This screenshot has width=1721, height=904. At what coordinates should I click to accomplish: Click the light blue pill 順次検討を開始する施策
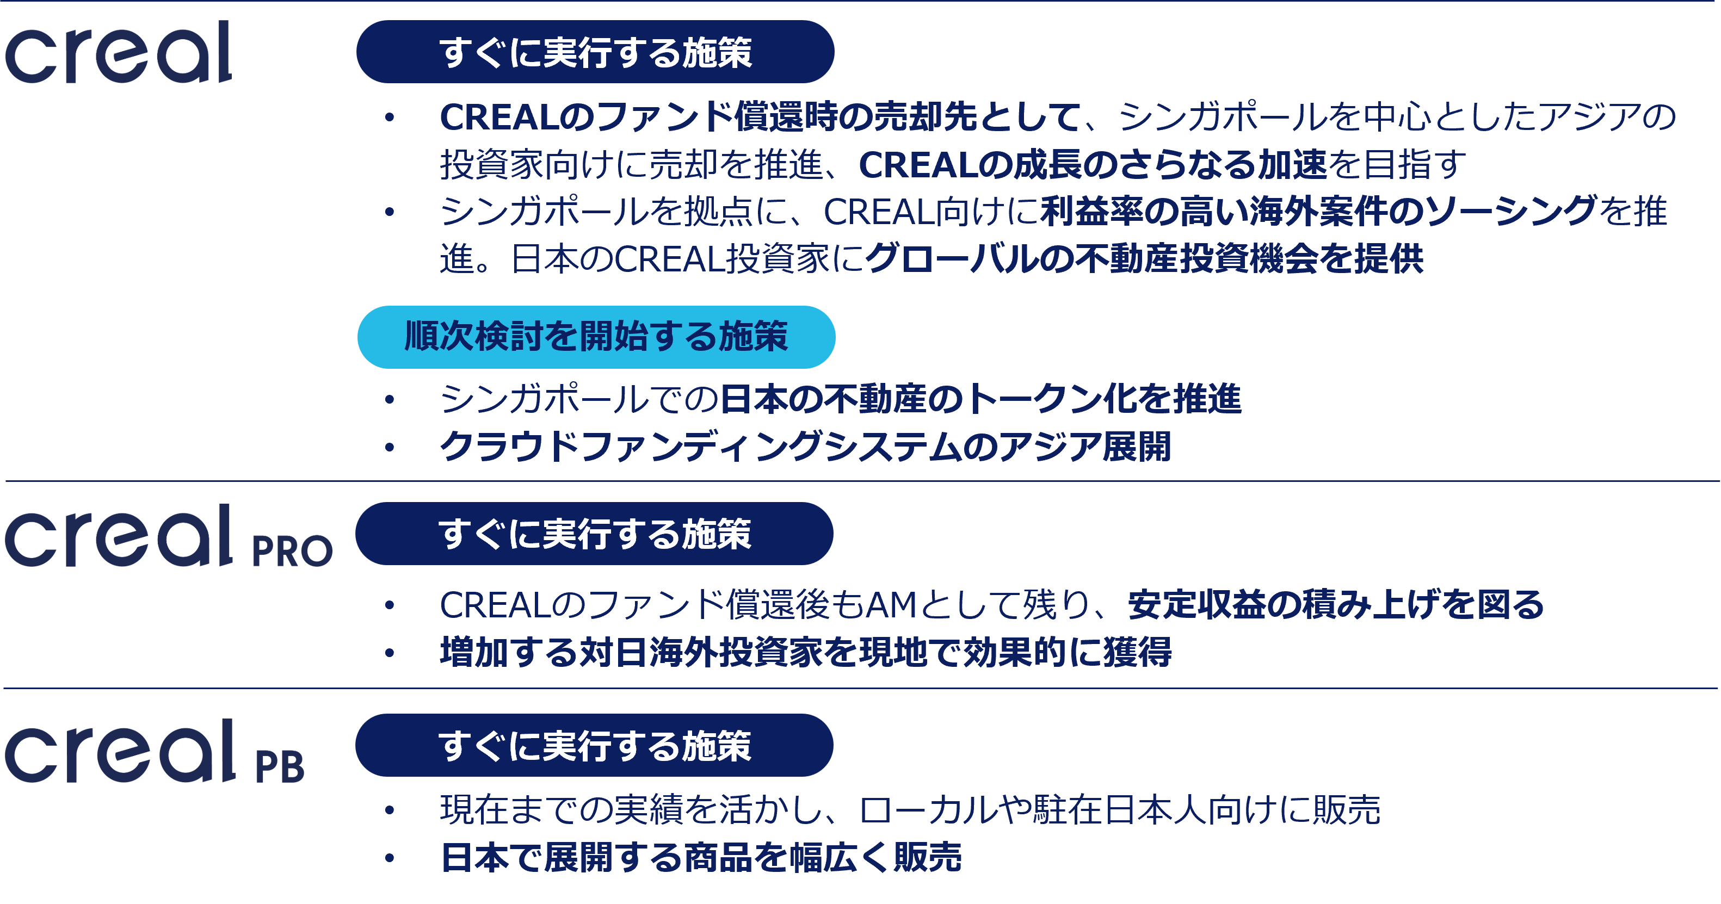click(596, 337)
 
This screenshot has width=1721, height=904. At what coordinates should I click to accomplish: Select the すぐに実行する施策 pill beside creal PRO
click(594, 534)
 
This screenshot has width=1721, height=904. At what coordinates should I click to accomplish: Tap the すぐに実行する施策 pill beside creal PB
click(594, 746)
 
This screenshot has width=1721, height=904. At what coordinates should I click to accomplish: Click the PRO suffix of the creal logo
click(292, 552)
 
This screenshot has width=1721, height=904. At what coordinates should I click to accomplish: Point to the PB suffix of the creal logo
click(280, 766)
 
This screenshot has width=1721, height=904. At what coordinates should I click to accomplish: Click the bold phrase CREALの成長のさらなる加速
click(1093, 165)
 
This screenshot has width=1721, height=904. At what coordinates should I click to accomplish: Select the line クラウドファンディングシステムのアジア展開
click(805, 447)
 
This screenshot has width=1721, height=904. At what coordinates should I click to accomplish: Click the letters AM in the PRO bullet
click(891, 605)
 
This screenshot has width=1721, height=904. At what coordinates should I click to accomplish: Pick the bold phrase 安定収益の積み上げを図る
click(1336, 605)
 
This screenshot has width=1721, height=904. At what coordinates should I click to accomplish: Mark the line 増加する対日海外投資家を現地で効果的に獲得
click(805, 652)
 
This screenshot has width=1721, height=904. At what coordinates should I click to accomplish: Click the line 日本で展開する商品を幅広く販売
click(701, 857)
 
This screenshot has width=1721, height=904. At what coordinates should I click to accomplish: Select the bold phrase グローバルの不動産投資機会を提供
click(1144, 259)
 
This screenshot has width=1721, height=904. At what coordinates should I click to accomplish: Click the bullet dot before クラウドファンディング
click(390, 447)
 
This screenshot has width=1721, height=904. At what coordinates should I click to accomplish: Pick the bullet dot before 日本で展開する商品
click(390, 858)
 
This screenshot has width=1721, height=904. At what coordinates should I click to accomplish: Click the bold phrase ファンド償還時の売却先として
click(838, 117)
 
